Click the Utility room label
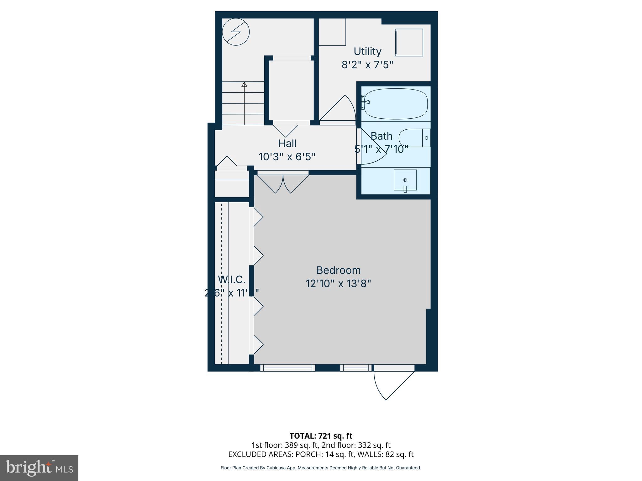(x=367, y=51)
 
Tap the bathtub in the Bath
(x=396, y=104)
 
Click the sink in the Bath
(x=405, y=180)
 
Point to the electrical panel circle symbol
(x=236, y=32)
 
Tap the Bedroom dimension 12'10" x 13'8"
(x=338, y=284)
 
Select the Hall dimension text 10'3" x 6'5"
(x=287, y=157)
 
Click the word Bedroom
(x=338, y=270)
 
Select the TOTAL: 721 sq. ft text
(x=321, y=436)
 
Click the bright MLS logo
(x=39, y=468)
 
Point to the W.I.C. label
(x=232, y=279)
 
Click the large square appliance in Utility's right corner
(x=409, y=43)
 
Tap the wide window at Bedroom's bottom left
(x=287, y=368)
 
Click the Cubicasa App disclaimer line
(x=321, y=468)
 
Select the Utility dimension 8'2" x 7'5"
(x=367, y=65)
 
